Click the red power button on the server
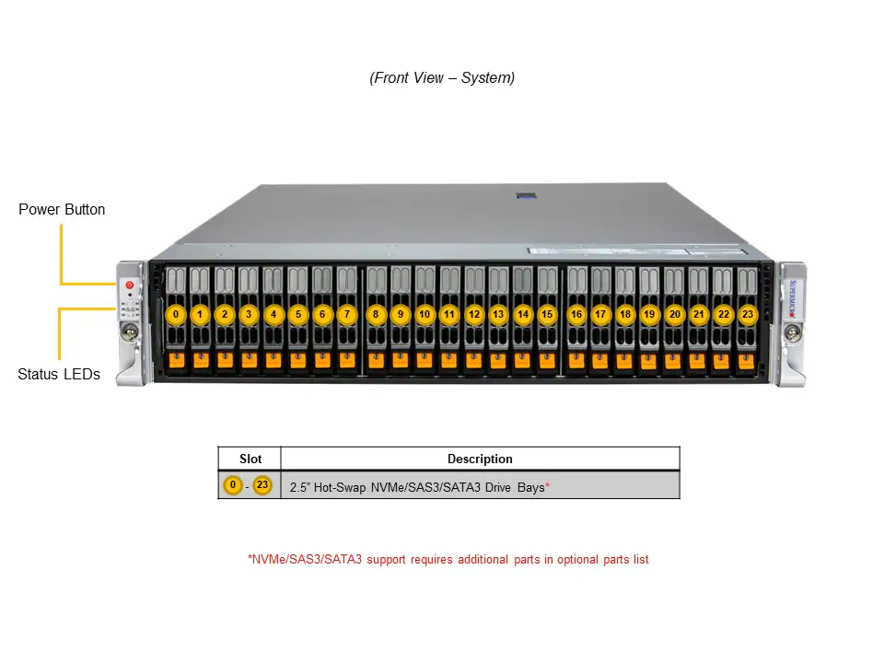[x=130, y=285]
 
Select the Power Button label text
[x=62, y=209]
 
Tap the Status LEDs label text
[x=59, y=374]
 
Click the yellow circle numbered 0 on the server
[x=176, y=315]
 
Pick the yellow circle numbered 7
[x=347, y=315]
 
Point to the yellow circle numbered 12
[x=474, y=315]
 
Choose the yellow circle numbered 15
[x=547, y=315]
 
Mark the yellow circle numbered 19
[x=649, y=315]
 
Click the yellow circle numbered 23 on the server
[x=748, y=315]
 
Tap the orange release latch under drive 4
[x=273, y=360]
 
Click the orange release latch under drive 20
[x=673, y=360]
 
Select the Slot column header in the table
[x=250, y=459]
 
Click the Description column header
[x=480, y=459]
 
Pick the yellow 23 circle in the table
[x=262, y=485]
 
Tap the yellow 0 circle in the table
[x=233, y=485]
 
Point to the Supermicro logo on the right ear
[x=793, y=298]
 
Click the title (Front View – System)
[x=442, y=77]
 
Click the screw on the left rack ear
[x=130, y=331]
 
